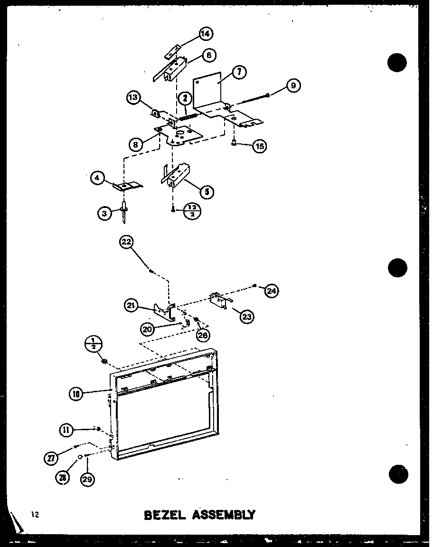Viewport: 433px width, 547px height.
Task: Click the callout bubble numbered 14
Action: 206,34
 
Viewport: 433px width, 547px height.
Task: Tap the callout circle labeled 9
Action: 293,86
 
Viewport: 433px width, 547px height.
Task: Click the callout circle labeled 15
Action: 259,146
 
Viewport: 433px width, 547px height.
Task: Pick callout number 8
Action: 136,144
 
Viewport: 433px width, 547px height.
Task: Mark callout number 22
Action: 126,242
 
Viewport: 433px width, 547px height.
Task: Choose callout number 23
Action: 247,317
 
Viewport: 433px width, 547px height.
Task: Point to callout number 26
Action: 204,335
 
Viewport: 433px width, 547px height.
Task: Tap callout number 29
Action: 87,479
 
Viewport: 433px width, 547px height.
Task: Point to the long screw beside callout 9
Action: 252,99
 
